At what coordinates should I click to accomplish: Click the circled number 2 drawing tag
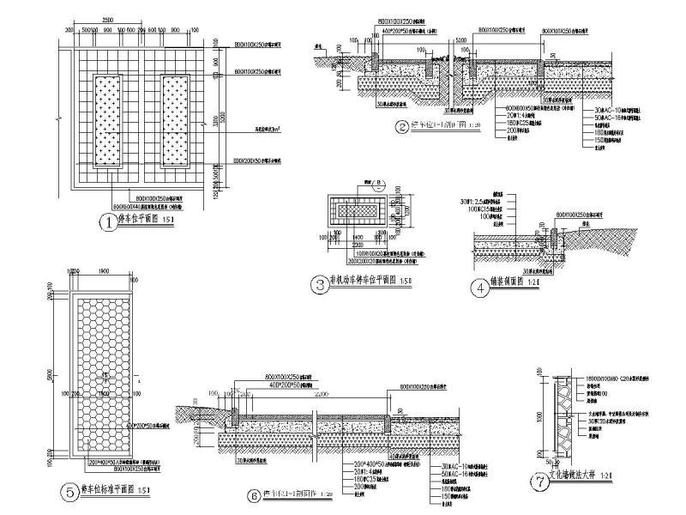[x=400, y=128]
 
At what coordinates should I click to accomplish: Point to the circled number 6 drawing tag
[x=254, y=494]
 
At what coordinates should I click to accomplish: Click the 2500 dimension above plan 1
[x=106, y=19]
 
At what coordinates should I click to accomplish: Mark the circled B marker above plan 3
[x=379, y=182]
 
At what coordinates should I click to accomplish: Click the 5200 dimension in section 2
[x=460, y=40]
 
